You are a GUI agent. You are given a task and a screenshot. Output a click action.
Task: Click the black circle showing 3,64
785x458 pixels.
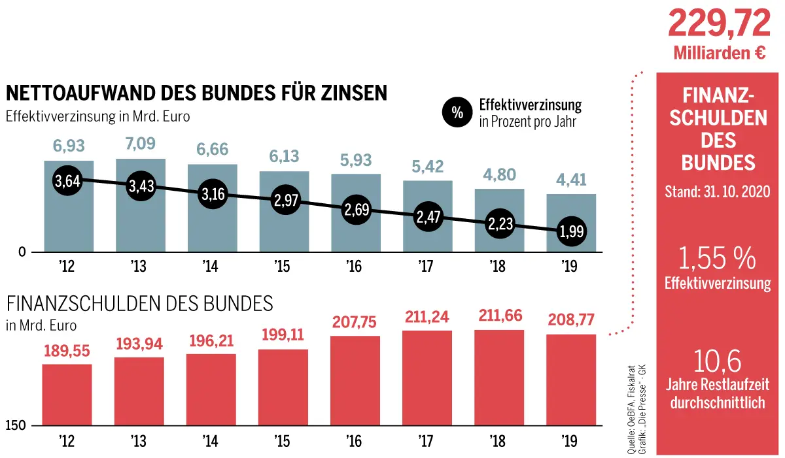(x=67, y=181)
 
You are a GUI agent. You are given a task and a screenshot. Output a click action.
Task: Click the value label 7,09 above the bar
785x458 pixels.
(x=139, y=144)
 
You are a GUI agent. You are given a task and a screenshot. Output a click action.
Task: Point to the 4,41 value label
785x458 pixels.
(x=571, y=179)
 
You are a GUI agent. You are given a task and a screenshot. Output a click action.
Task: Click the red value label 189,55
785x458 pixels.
(x=67, y=350)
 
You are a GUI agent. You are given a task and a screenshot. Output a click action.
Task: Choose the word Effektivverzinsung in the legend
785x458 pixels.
(x=530, y=105)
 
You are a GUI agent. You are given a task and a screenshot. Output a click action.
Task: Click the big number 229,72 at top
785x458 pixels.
(x=719, y=25)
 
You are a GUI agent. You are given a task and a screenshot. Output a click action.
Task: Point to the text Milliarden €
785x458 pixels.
(x=719, y=54)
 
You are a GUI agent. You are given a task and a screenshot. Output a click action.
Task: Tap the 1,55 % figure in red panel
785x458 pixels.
(x=718, y=260)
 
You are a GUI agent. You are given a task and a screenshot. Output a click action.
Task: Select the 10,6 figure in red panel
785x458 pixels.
(x=718, y=361)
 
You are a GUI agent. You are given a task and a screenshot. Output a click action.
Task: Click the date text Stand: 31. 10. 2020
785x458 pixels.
(x=718, y=192)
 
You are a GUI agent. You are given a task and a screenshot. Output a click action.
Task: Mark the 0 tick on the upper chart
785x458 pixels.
(x=22, y=252)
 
